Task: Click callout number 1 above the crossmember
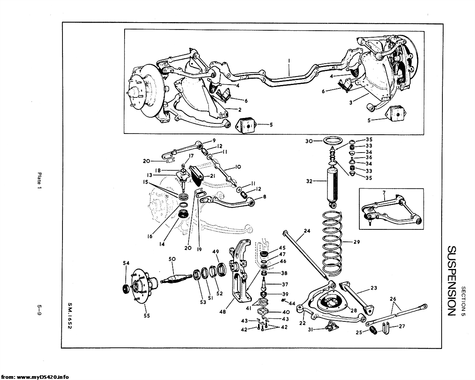click(x=289, y=61)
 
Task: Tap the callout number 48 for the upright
click(x=222, y=312)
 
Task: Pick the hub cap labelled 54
click(x=126, y=289)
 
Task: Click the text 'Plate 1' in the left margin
click(x=39, y=181)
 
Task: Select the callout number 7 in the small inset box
click(x=384, y=193)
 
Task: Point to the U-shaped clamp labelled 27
click(x=385, y=328)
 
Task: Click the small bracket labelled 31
click(x=331, y=326)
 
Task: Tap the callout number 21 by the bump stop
click(x=212, y=176)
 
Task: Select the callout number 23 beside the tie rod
click(x=374, y=288)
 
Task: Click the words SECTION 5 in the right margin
click(x=463, y=301)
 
